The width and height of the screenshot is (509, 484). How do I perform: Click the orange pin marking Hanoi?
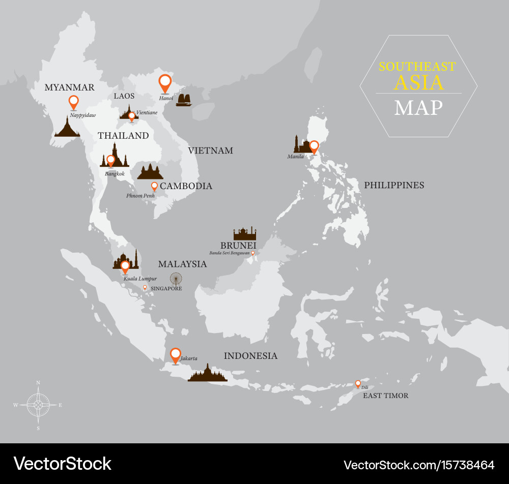point(164,83)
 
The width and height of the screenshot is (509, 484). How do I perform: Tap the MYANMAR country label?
point(69,87)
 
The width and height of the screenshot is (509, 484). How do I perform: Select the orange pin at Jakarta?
point(176,355)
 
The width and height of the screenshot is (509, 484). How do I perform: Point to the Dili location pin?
point(358,384)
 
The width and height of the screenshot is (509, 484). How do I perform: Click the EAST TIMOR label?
point(385,396)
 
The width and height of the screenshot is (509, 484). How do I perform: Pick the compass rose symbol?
point(38,405)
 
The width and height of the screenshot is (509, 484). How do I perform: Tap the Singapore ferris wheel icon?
point(176,279)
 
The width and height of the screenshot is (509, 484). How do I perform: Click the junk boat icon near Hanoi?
point(184,100)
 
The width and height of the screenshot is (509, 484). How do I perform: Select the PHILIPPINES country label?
point(394,185)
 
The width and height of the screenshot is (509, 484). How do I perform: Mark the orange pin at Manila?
point(314,146)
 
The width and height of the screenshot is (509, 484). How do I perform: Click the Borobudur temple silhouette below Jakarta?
point(207,373)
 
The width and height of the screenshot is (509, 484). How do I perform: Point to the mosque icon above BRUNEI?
point(245,233)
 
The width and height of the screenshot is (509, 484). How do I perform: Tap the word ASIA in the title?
point(419,82)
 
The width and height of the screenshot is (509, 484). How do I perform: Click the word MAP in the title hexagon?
point(418,107)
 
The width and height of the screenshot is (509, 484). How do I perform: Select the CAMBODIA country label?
point(186,186)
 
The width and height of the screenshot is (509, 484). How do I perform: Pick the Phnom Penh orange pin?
point(154,187)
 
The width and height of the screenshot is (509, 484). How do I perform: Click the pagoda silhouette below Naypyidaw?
point(67,127)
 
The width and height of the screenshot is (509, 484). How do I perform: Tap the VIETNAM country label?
point(210,150)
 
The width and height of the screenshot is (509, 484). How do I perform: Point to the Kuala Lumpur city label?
point(140,279)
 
